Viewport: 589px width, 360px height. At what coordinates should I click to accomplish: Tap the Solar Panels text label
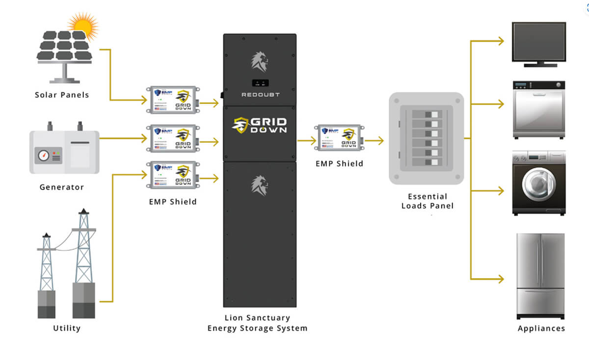pos(62,95)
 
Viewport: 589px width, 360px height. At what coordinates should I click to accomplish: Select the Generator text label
pos(62,187)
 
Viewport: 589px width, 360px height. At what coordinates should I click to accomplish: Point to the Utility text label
pos(67,328)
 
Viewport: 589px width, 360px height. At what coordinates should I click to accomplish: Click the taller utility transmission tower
pos(83,255)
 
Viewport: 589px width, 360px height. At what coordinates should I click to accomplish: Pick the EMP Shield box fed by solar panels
pos(173,100)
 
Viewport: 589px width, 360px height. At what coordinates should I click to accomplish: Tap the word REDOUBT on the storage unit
pos(260,94)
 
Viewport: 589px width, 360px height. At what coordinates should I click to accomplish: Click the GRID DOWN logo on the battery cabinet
pos(260,126)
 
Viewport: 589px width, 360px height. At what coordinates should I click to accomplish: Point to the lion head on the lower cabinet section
pos(260,185)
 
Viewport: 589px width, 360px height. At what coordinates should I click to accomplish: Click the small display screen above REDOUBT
pos(260,83)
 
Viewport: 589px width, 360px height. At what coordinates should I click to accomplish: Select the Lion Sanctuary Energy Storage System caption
pos(257,323)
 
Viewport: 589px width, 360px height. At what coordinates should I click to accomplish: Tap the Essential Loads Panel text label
pos(427,201)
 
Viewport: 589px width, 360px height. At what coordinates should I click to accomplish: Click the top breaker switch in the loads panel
pos(426,113)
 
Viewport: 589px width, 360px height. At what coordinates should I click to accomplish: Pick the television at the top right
pos(538,43)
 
